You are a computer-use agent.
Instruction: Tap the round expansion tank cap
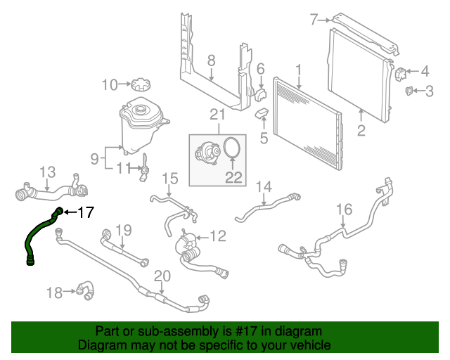click(x=140, y=85)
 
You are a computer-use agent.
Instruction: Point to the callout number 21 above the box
click(x=217, y=115)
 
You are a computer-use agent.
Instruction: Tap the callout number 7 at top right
click(x=314, y=20)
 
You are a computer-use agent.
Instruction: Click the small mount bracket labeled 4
click(x=401, y=72)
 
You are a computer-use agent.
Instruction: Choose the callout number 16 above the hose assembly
click(x=344, y=209)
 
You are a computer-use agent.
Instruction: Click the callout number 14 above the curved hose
click(x=263, y=186)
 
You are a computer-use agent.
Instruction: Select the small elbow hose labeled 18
click(x=85, y=289)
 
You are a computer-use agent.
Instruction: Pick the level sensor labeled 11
click(x=144, y=167)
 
